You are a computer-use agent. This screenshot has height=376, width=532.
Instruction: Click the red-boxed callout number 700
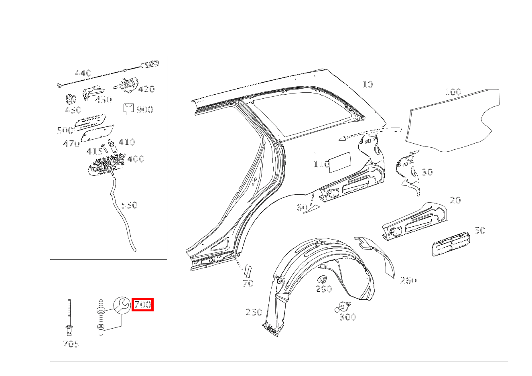click(x=142, y=305)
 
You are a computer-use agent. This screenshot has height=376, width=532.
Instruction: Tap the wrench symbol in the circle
click(x=122, y=305)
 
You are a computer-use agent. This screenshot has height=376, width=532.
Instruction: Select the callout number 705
click(x=71, y=344)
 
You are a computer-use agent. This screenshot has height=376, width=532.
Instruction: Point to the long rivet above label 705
click(x=69, y=318)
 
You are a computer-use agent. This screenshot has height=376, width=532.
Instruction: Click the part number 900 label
click(x=145, y=110)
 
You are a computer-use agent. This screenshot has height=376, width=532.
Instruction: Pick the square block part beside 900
click(x=129, y=109)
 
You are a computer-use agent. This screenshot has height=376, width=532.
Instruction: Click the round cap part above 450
click(x=71, y=99)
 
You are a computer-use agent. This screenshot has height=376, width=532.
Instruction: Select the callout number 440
click(x=83, y=73)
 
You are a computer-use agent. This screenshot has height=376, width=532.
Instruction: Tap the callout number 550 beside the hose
click(x=129, y=205)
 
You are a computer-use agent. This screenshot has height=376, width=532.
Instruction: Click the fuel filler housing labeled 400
click(x=107, y=165)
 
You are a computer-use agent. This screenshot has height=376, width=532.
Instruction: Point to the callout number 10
click(x=368, y=84)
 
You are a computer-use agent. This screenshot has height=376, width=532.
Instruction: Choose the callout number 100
click(x=453, y=92)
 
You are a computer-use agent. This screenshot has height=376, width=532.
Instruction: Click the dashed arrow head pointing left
click(x=342, y=138)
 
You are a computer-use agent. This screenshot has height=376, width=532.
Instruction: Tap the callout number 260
click(x=408, y=280)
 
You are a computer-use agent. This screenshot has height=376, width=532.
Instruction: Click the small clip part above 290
click(x=322, y=280)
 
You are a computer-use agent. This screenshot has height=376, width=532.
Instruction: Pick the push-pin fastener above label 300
click(x=343, y=307)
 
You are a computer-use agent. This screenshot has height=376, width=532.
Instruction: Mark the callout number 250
click(x=254, y=312)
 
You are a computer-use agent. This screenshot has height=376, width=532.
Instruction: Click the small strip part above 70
click(x=248, y=271)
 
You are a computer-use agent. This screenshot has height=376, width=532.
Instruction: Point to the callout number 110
click(x=321, y=164)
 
